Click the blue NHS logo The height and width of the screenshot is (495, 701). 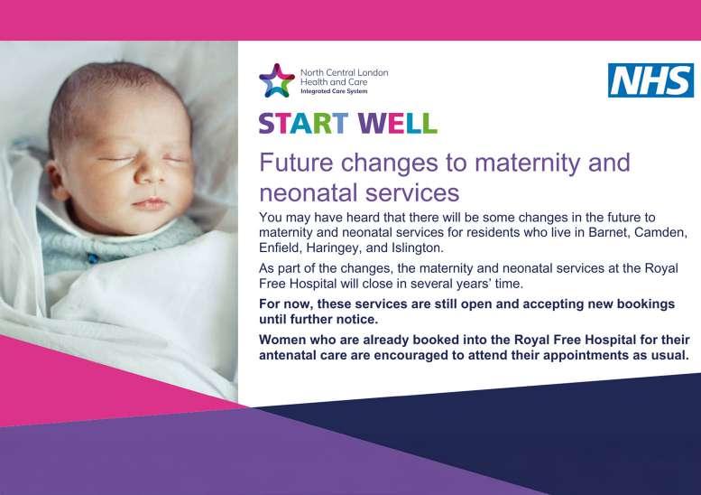click(x=651, y=80)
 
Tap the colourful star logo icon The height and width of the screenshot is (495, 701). click(x=277, y=80)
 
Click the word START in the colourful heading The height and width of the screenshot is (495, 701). click(x=303, y=123)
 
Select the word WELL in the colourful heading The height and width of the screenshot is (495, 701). click(x=398, y=123)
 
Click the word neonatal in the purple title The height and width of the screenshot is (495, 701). click(x=309, y=193)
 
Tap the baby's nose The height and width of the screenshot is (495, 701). click(x=150, y=173)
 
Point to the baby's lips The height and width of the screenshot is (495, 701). click(x=150, y=203)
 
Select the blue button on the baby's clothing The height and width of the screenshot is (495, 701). click(x=93, y=257)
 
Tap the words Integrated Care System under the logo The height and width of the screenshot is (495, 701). click(x=334, y=91)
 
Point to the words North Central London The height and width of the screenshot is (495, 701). click(x=345, y=72)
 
